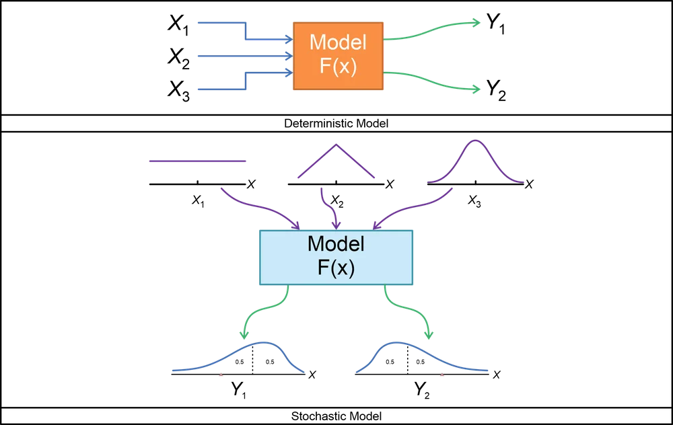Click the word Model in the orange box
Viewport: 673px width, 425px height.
(x=338, y=42)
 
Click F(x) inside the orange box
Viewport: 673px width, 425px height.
(x=338, y=68)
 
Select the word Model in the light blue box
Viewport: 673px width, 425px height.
(x=336, y=243)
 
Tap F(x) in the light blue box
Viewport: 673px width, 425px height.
(x=336, y=268)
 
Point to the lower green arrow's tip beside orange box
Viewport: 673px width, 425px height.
(x=478, y=89)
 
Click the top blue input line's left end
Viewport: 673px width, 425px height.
(x=197, y=24)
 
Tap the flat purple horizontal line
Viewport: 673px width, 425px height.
(x=196, y=161)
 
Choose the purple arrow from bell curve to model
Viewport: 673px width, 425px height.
(x=417, y=207)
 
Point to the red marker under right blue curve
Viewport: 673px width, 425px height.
(x=441, y=377)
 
